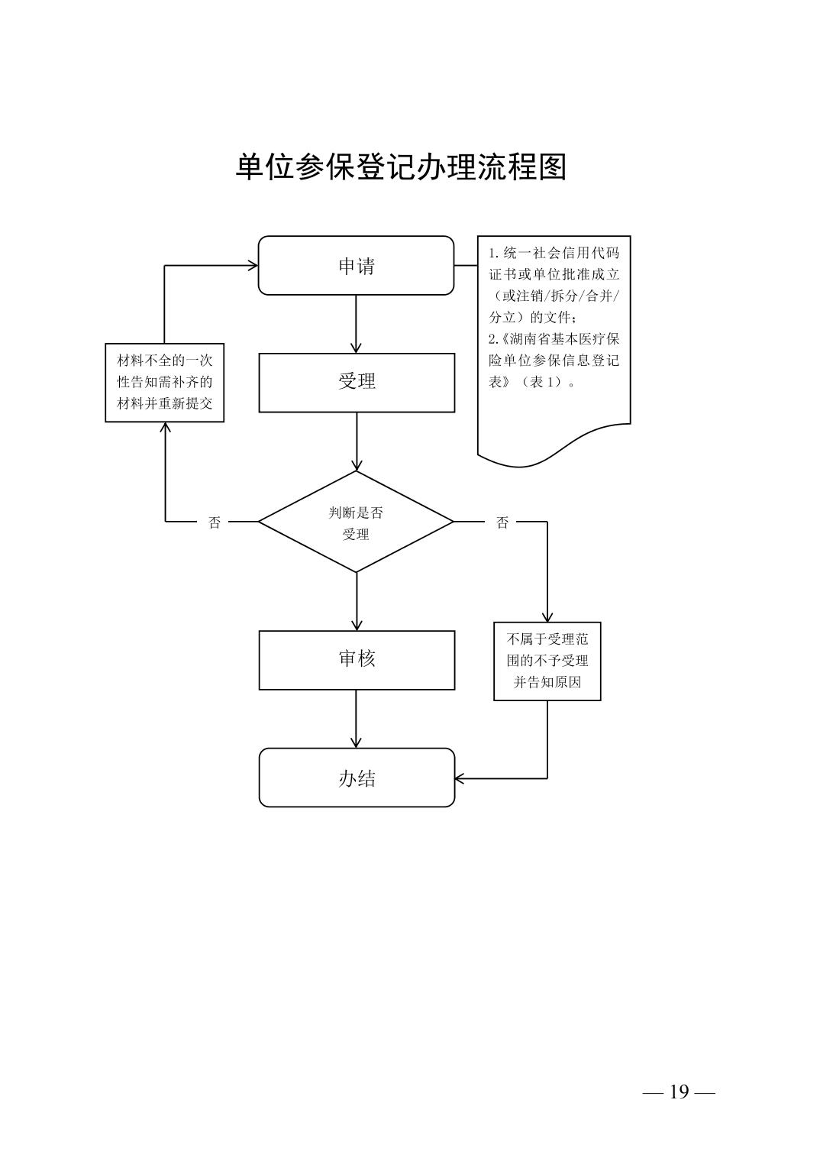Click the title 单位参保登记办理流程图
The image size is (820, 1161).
401,167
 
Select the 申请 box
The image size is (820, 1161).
356,266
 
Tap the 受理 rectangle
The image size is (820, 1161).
356,382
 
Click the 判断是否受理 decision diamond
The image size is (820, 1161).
356,522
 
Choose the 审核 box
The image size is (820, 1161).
356,659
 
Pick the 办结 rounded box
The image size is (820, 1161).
356,778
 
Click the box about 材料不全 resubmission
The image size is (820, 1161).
164,382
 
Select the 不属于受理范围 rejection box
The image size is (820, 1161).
547,661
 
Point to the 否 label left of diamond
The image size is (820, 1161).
215,522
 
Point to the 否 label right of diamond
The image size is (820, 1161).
502,522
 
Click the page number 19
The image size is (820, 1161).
679,1092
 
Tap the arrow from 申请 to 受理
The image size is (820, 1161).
356,324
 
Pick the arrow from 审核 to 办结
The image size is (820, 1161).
356,719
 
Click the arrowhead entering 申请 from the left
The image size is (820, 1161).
252,266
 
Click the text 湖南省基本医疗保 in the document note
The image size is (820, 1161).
560,339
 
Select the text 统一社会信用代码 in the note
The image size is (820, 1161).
561,254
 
